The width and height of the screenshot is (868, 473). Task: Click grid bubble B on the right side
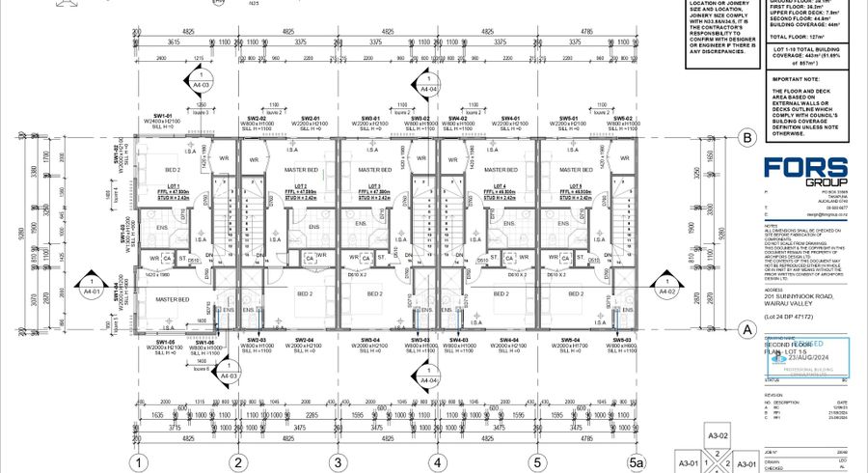tap(746, 138)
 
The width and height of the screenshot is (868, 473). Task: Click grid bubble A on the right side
tap(746, 327)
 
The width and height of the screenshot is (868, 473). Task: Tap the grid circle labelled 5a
tap(635, 461)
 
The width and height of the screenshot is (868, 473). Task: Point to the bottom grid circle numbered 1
tap(141, 461)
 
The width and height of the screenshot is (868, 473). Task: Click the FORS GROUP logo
tap(806, 172)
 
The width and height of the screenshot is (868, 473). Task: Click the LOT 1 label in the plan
tap(174, 185)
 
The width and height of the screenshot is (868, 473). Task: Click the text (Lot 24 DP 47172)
tap(788, 316)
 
